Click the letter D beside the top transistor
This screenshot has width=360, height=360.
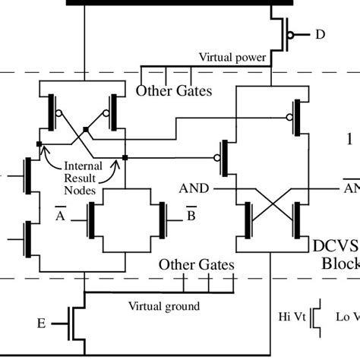tap(320, 34)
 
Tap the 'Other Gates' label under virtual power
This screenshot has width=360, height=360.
tap(173, 92)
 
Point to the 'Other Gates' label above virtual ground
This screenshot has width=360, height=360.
tap(197, 265)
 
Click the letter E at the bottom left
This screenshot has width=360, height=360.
tap(40, 324)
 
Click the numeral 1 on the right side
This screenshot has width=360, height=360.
tap(349, 140)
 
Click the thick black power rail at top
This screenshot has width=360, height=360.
tap(167, 3)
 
